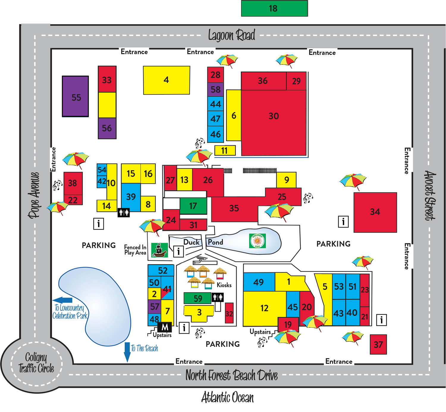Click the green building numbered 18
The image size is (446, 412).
[274, 8]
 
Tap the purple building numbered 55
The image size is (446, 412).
[76, 97]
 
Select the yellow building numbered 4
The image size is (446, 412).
[167, 80]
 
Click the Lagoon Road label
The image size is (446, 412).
[231, 35]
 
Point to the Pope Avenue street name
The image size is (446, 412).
[34, 195]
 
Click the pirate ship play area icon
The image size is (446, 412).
[159, 250]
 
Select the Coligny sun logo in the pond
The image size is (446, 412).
[257, 241]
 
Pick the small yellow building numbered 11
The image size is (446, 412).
[225, 151]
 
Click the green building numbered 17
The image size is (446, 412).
[193, 206]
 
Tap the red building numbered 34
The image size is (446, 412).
[375, 212]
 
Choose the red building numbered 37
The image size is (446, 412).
[378, 345]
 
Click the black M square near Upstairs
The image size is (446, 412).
[165, 327]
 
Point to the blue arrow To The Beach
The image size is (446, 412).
[127, 352]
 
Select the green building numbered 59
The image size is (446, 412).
[198, 298]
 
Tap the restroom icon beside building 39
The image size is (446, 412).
[124, 213]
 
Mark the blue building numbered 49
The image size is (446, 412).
[259, 282]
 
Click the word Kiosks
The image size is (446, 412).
[224, 285]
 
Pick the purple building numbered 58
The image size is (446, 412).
[216, 89]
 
